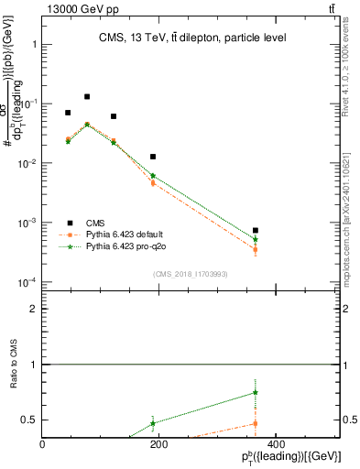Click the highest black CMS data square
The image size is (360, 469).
pyautogui.click(x=87, y=96)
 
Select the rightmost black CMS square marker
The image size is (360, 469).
pyautogui.click(x=256, y=231)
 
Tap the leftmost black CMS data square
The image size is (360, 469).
pyautogui.click(x=68, y=113)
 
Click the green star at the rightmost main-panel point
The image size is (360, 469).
pyautogui.click(x=256, y=239)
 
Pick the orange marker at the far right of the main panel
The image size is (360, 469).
pyautogui.click(x=256, y=249)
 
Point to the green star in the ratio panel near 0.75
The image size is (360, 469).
pyautogui.click(x=256, y=392)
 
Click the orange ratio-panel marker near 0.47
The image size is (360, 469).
pyautogui.click(x=256, y=423)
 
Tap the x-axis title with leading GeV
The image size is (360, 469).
pyautogui.click(x=291, y=458)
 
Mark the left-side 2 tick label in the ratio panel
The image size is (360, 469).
pyautogui.click(x=35, y=309)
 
